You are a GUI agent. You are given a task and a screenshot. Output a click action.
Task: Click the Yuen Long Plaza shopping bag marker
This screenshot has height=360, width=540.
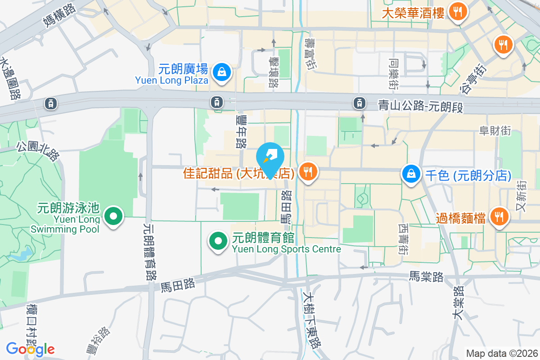(222, 71)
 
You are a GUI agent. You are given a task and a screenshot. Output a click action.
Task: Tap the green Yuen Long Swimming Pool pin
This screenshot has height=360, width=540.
(113, 216)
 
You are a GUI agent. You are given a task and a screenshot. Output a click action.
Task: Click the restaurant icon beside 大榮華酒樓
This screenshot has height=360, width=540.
(458, 11)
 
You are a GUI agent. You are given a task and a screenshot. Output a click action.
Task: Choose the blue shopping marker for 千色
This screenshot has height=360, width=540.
(411, 173)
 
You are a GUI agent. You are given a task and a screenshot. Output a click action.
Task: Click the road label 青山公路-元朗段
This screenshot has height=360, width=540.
(420, 107)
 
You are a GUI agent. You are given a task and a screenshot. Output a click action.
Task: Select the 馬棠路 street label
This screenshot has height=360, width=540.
(426, 276)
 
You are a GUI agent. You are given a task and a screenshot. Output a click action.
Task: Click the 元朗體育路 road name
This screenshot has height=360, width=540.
(149, 252)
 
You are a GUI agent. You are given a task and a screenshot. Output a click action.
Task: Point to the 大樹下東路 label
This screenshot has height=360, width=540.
(311, 320)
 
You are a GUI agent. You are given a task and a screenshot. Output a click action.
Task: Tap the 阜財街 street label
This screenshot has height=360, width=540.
(495, 130)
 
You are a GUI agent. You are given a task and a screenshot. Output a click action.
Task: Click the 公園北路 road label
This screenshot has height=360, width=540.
(38, 151)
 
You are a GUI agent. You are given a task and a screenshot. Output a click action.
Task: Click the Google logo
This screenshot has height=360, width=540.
(30, 349)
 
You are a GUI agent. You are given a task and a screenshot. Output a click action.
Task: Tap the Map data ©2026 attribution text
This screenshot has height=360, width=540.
(502, 354)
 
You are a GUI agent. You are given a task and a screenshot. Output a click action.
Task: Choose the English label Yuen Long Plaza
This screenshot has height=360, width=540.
(171, 81)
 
